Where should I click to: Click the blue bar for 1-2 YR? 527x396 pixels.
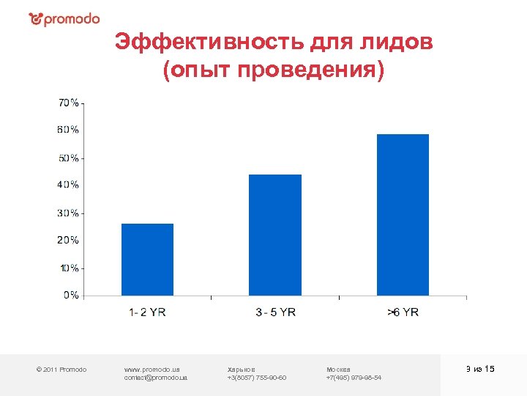point(147,260)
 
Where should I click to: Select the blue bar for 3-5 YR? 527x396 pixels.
point(274,235)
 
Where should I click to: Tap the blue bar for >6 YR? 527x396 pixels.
point(403,215)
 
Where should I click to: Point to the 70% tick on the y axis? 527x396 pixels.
point(70,103)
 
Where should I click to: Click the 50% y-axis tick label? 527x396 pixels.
point(70,158)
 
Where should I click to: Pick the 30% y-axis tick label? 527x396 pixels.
point(70,213)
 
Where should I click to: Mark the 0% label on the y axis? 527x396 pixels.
point(72,295)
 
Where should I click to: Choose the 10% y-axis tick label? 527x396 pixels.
point(70,268)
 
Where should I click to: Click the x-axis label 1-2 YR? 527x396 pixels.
point(147,312)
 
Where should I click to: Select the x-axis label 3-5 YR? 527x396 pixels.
point(275,312)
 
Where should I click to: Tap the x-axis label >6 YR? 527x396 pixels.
point(403,312)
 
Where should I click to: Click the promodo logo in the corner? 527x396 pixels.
point(64,19)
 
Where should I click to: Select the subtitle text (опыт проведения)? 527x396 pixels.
point(274,71)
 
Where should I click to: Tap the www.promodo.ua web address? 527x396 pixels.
point(152,369)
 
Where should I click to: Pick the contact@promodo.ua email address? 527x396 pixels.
point(156,378)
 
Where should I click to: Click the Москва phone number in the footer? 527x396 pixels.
point(354,378)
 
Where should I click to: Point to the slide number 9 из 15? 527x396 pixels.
point(480,369)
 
